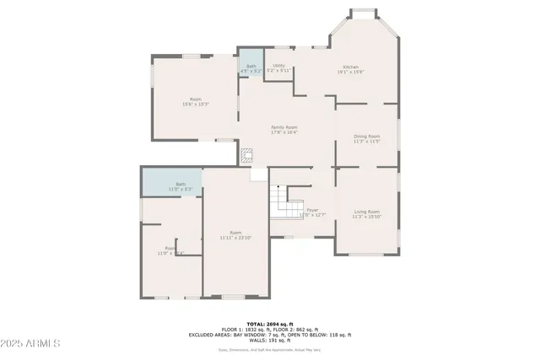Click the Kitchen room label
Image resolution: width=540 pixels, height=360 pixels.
351,67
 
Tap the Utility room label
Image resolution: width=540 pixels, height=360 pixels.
278,66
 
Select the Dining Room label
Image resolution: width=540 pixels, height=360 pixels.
366,136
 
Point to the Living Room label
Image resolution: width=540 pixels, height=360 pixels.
366,212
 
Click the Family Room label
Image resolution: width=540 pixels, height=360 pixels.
283,127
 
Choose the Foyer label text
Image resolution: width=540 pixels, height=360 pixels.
312,210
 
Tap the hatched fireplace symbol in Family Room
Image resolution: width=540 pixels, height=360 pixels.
247,155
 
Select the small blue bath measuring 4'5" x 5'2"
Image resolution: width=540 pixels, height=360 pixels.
251,67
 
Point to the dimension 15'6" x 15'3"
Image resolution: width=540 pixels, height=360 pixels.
195,105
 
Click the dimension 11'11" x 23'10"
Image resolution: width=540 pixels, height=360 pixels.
236,238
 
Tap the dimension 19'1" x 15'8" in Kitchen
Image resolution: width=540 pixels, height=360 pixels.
351,72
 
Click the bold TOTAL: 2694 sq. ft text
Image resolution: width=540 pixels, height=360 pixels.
270,324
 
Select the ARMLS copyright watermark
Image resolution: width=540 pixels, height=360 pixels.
31,344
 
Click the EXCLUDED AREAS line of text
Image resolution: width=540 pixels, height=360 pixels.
270,335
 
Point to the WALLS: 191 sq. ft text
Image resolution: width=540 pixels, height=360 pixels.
270,341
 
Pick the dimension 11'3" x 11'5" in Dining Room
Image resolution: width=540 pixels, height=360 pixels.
366,141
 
